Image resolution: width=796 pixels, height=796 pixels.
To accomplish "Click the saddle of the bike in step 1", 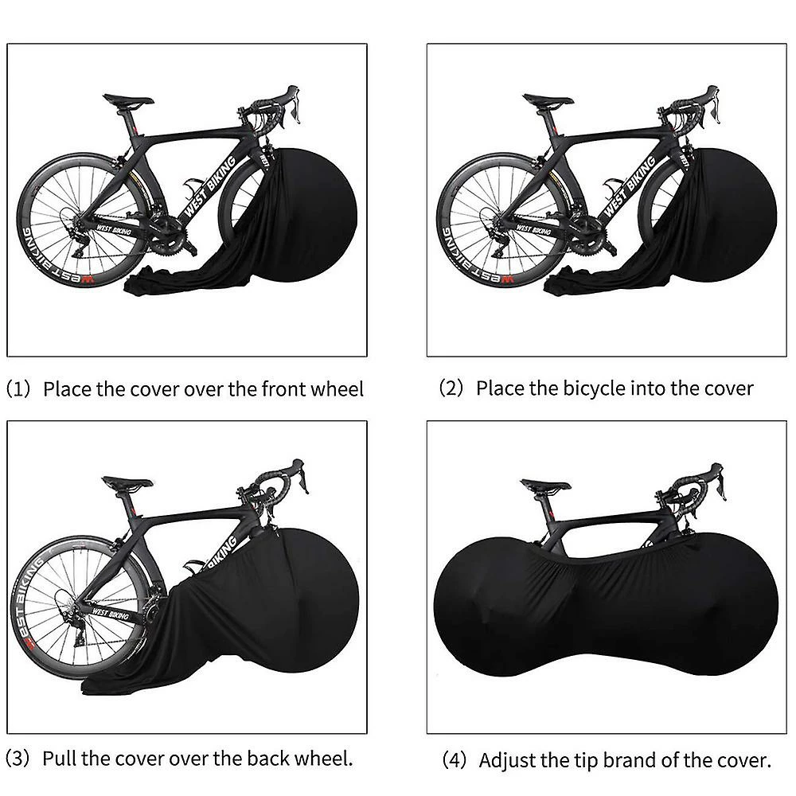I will pos(127,100).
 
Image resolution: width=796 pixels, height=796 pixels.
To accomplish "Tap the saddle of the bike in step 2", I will pos(548,100).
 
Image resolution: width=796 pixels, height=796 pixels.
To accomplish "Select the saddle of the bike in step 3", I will pos(127,483).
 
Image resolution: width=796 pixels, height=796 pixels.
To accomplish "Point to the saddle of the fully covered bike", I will pos(546,485).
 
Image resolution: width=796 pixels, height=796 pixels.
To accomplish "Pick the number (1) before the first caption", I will pos(21,389).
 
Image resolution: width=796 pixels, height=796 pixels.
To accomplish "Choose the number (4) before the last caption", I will pos(455,760).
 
